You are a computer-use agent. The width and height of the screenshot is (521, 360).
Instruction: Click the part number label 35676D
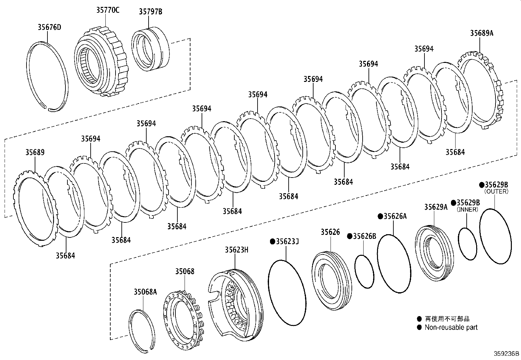tap(49, 27)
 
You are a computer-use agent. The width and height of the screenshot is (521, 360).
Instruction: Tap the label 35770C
tap(107, 10)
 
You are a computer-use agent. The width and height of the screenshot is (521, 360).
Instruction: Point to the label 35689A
tap(481, 33)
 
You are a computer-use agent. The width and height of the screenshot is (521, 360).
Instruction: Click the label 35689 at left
tap(35, 152)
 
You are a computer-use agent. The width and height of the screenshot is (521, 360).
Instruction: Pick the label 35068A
tap(145, 292)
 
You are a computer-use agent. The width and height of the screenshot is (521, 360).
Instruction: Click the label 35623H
tap(236, 250)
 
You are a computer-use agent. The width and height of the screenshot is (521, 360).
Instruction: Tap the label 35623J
tap(287, 241)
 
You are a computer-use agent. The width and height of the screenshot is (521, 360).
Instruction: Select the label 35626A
tap(395, 216)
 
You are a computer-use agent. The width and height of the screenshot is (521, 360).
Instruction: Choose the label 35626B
tap(364, 236)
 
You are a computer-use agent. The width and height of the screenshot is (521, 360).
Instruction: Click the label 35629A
tap(436, 207)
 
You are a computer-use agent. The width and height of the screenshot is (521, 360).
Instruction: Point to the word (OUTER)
tap(496, 191)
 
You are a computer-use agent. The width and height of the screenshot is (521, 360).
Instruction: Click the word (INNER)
tap(467, 209)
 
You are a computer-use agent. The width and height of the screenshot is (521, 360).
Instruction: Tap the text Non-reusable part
tap(451, 327)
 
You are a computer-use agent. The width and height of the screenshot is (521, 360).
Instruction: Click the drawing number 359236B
tap(506, 354)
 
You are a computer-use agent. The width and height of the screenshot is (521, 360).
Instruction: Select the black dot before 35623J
tap(272, 241)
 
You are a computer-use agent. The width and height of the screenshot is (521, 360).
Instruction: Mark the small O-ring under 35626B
tap(364, 272)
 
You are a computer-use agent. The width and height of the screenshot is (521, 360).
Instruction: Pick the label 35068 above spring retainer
tap(185, 271)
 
